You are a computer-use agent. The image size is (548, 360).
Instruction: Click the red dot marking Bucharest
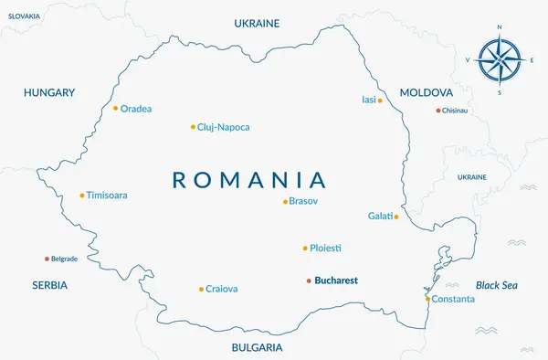(309, 281)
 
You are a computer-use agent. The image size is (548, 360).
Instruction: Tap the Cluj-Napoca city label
(223, 128)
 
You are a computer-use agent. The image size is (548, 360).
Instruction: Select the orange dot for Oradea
(116, 108)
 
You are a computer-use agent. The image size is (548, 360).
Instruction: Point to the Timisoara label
(107, 196)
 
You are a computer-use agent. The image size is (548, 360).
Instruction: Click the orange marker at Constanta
(427, 299)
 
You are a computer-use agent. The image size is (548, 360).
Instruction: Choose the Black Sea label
(496, 285)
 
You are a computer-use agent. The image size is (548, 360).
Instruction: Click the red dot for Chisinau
(437, 111)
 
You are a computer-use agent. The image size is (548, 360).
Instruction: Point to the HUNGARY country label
(49, 92)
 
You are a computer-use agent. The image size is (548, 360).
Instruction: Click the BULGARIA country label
(257, 348)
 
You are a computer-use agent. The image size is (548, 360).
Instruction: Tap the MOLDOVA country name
(427, 93)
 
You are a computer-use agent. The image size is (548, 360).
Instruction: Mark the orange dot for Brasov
(285, 202)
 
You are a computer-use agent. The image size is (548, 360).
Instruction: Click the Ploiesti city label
(326, 249)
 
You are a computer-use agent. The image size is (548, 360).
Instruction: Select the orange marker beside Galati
(395, 217)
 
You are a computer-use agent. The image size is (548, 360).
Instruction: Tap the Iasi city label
(369, 100)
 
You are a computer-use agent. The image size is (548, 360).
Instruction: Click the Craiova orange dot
(201, 290)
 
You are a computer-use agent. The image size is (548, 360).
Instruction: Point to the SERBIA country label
(49, 285)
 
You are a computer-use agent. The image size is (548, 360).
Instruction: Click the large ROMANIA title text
(249, 179)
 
